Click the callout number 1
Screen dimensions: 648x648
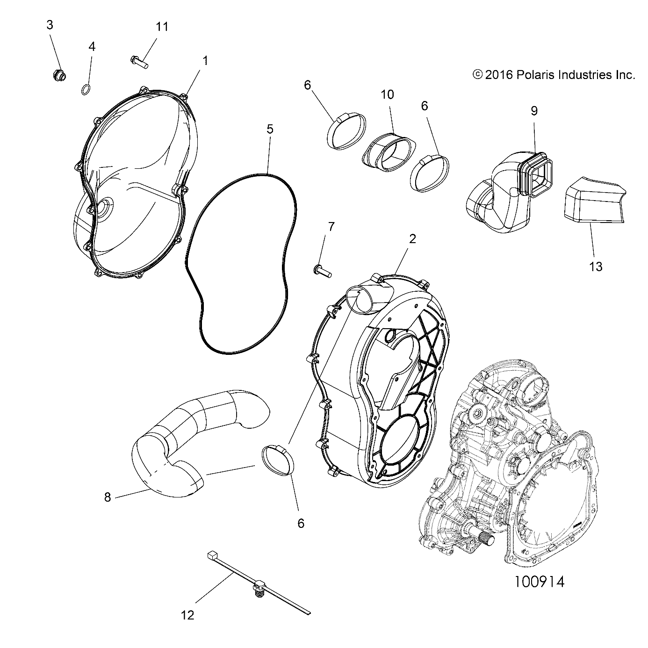click(204, 60)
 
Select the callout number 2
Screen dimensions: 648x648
click(412, 239)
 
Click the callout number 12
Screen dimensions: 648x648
click(187, 615)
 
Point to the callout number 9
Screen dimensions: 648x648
click(534, 111)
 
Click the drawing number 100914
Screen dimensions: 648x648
click(539, 582)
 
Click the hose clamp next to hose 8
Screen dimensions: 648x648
click(278, 459)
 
